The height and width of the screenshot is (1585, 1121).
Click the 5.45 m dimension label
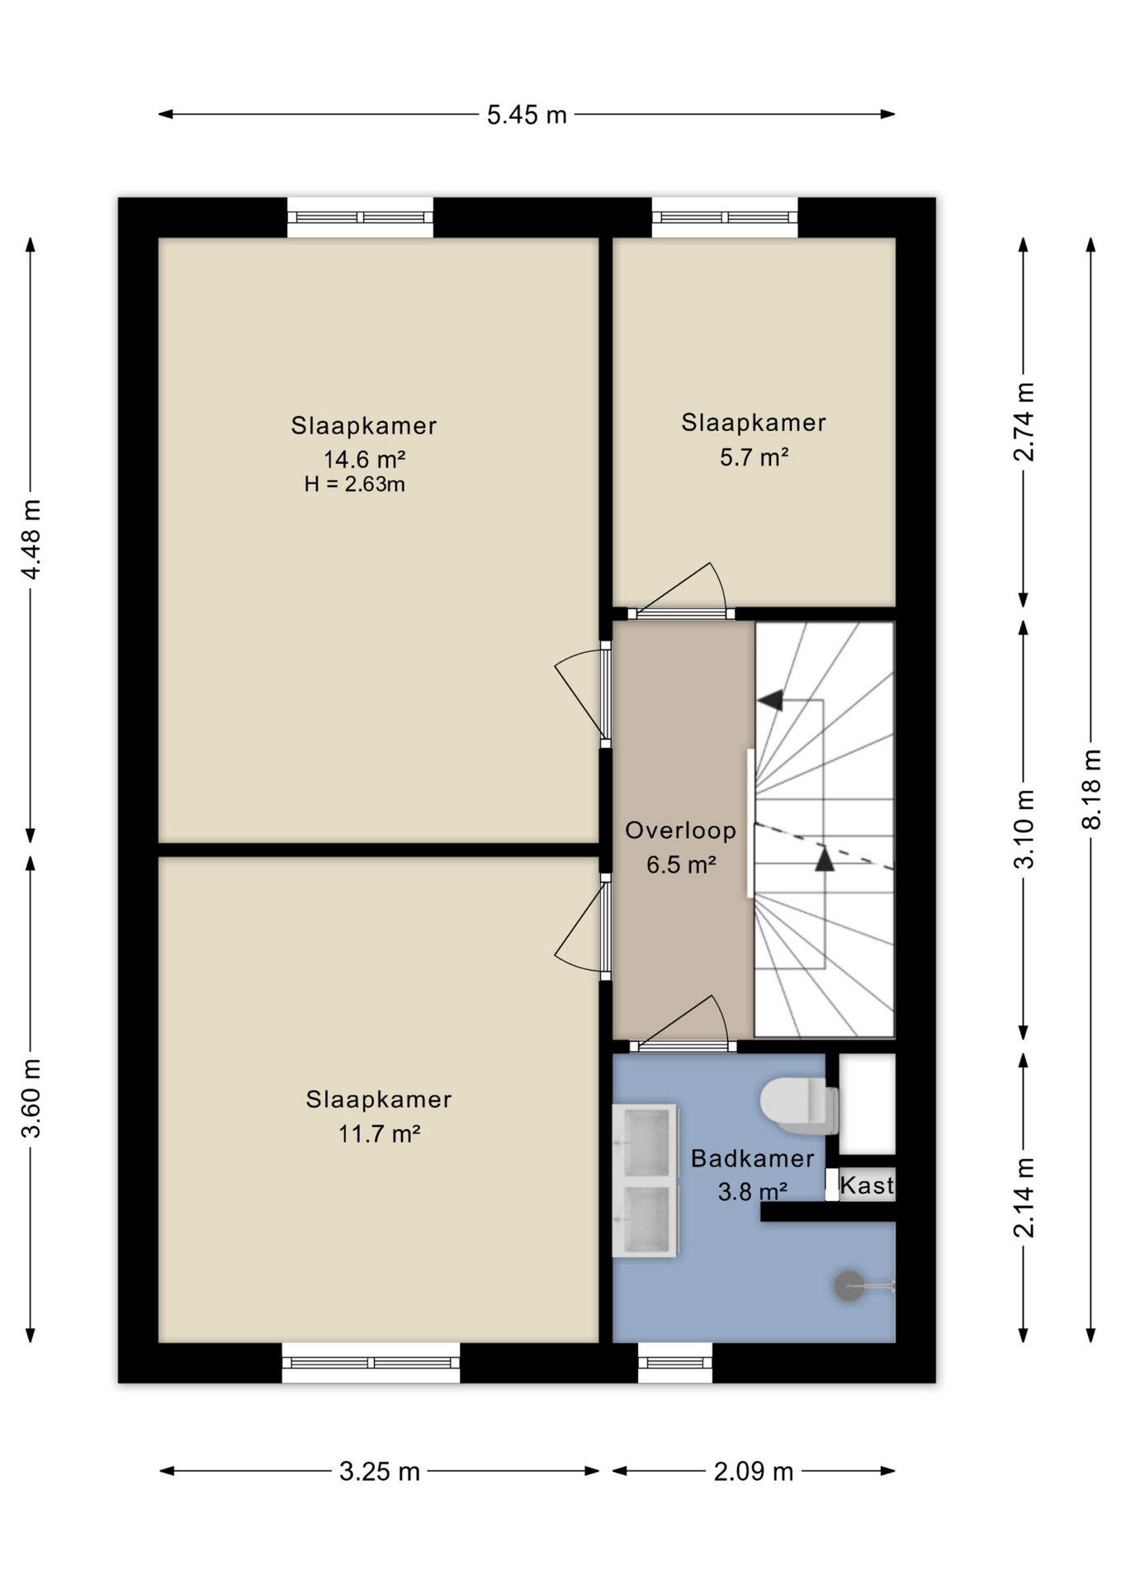pyautogui.click(x=527, y=115)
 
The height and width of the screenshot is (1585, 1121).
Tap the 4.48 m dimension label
pyautogui.click(x=31, y=539)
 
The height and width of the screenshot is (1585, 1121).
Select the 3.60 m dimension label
pyautogui.click(x=31, y=1098)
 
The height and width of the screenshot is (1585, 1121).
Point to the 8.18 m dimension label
pyautogui.click(x=1090, y=788)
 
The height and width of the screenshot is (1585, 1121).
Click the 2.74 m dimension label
pyautogui.click(x=1024, y=422)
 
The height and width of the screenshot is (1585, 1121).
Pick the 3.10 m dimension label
pyautogui.click(x=1024, y=829)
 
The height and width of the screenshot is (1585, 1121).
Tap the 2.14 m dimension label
pyautogui.click(x=1024, y=1198)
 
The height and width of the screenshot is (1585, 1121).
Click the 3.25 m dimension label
pyautogui.click(x=380, y=1471)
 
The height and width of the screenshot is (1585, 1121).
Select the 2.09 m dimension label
pyautogui.click(x=754, y=1471)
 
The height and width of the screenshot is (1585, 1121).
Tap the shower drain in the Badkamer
pyautogui.click(x=849, y=1286)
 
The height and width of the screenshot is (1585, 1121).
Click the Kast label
pyautogui.click(x=867, y=1185)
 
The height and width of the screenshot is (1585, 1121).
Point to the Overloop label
pyautogui.click(x=680, y=830)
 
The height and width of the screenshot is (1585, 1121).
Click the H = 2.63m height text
pyautogui.click(x=354, y=485)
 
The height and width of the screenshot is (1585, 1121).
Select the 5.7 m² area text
pyautogui.click(x=754, y=457)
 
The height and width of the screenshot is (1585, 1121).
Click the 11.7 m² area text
pyautogui.click(x=379, y=1133)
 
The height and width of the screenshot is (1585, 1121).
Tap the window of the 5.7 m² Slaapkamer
pyautogui.click(x=725, y=217)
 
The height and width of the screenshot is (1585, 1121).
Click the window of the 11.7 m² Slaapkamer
pyautogui.click(x=371, y=1362)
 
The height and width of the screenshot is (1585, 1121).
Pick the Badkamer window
pyautogui.click(x=674, y=1362)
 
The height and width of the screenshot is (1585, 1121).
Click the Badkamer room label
pyautogui.click(x=752, y=1159)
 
